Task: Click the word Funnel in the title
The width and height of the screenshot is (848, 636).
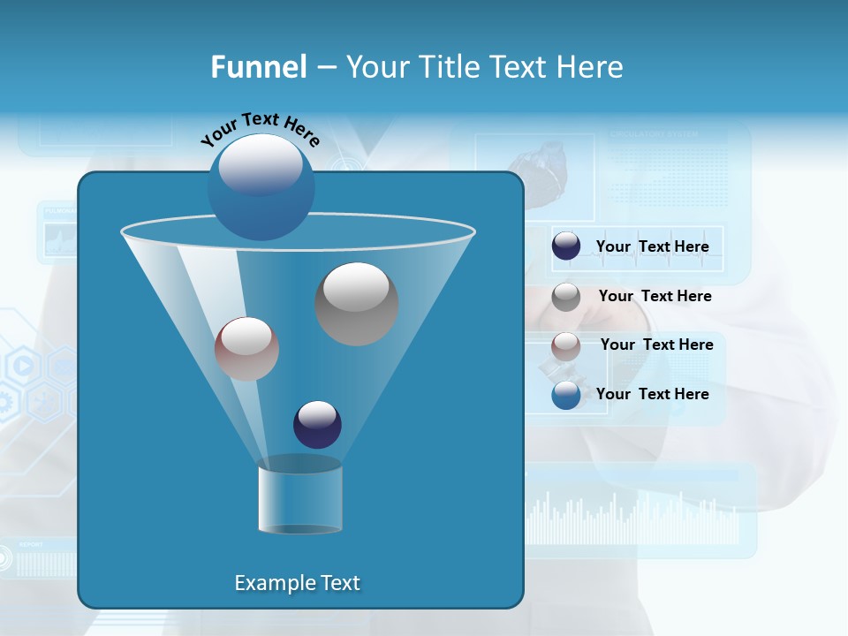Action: [x=258, y=67]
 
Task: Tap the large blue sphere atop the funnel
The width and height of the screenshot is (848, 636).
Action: [x=261, y=188]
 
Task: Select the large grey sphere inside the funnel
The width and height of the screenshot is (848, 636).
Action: [x=357, y=304]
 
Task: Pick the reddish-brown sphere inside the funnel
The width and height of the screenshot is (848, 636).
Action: [x=246, y=349]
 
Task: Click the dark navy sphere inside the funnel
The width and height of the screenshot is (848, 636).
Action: [x=317, y=424]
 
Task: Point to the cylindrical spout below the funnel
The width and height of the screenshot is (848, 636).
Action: [x=299, y=496]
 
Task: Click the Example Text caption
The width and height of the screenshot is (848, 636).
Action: [x=297, y=583]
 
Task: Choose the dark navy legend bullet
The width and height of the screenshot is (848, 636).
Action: [x=566, y=246]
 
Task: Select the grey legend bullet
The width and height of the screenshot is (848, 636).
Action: [x=566, y=297]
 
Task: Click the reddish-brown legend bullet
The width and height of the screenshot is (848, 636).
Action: [x=566, y=345]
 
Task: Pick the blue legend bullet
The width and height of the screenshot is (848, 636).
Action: [x=566, y=395]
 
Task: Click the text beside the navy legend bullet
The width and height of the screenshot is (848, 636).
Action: [x=652, y=247]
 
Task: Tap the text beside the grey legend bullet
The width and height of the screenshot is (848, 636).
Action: [x=655, y=297]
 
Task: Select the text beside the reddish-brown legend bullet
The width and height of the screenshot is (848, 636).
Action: [x=656, y=345]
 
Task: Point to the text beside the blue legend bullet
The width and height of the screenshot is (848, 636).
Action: [x=652, y=394]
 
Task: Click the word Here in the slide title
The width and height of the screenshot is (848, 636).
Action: [x=591, y=67]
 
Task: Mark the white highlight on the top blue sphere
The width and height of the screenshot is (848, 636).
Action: [x=260, y=165]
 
